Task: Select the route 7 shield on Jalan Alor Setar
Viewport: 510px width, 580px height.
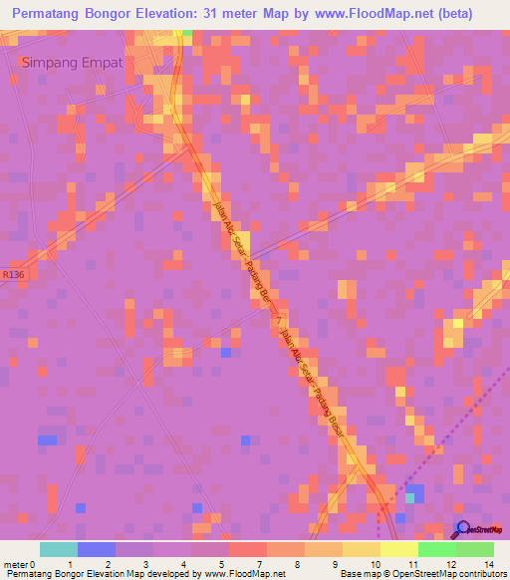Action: tap(276, 318)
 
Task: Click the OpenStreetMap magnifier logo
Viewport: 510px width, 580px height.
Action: tap(464, 529)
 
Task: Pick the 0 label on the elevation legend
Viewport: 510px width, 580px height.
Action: tap(36, 563)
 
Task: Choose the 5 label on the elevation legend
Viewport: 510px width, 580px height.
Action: tap(219, 563)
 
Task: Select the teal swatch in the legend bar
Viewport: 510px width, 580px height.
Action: tap(58, 549)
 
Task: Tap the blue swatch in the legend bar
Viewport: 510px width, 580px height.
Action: tap(96, 549)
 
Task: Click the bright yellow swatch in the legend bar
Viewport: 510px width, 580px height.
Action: tap(398, 549)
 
